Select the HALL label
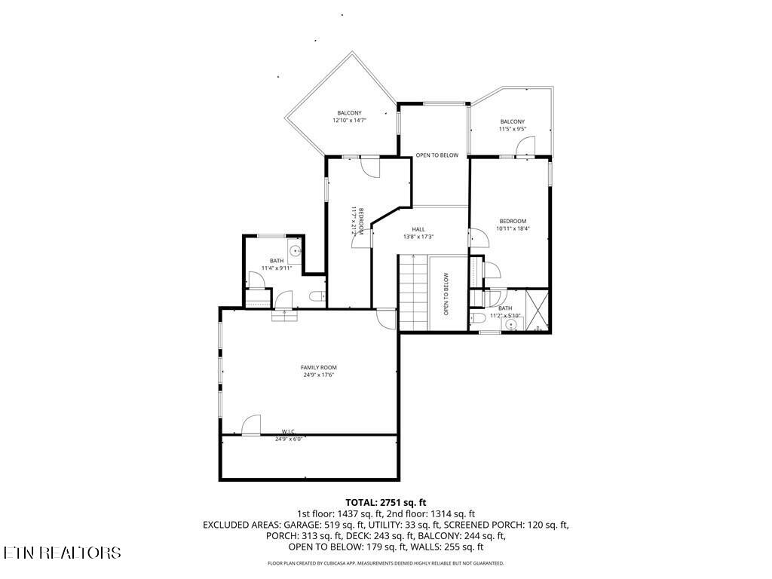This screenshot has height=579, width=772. coord(418,229)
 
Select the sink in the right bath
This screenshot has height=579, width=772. coord(512,325)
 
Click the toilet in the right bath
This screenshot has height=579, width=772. coord(479,320)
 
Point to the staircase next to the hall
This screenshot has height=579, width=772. coord(413,293)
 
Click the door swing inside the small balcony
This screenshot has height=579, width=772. coord(526,146)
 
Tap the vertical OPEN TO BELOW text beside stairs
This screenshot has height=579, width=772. coord(446,293)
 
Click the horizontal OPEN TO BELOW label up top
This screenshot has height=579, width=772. coord(437,155)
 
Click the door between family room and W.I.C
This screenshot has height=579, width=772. coord(251,425)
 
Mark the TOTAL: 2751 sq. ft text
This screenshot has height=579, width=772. coord(386,501)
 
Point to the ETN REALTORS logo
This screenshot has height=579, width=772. coord(62,553)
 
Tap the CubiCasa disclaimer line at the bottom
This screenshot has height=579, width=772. coord(386,563)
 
